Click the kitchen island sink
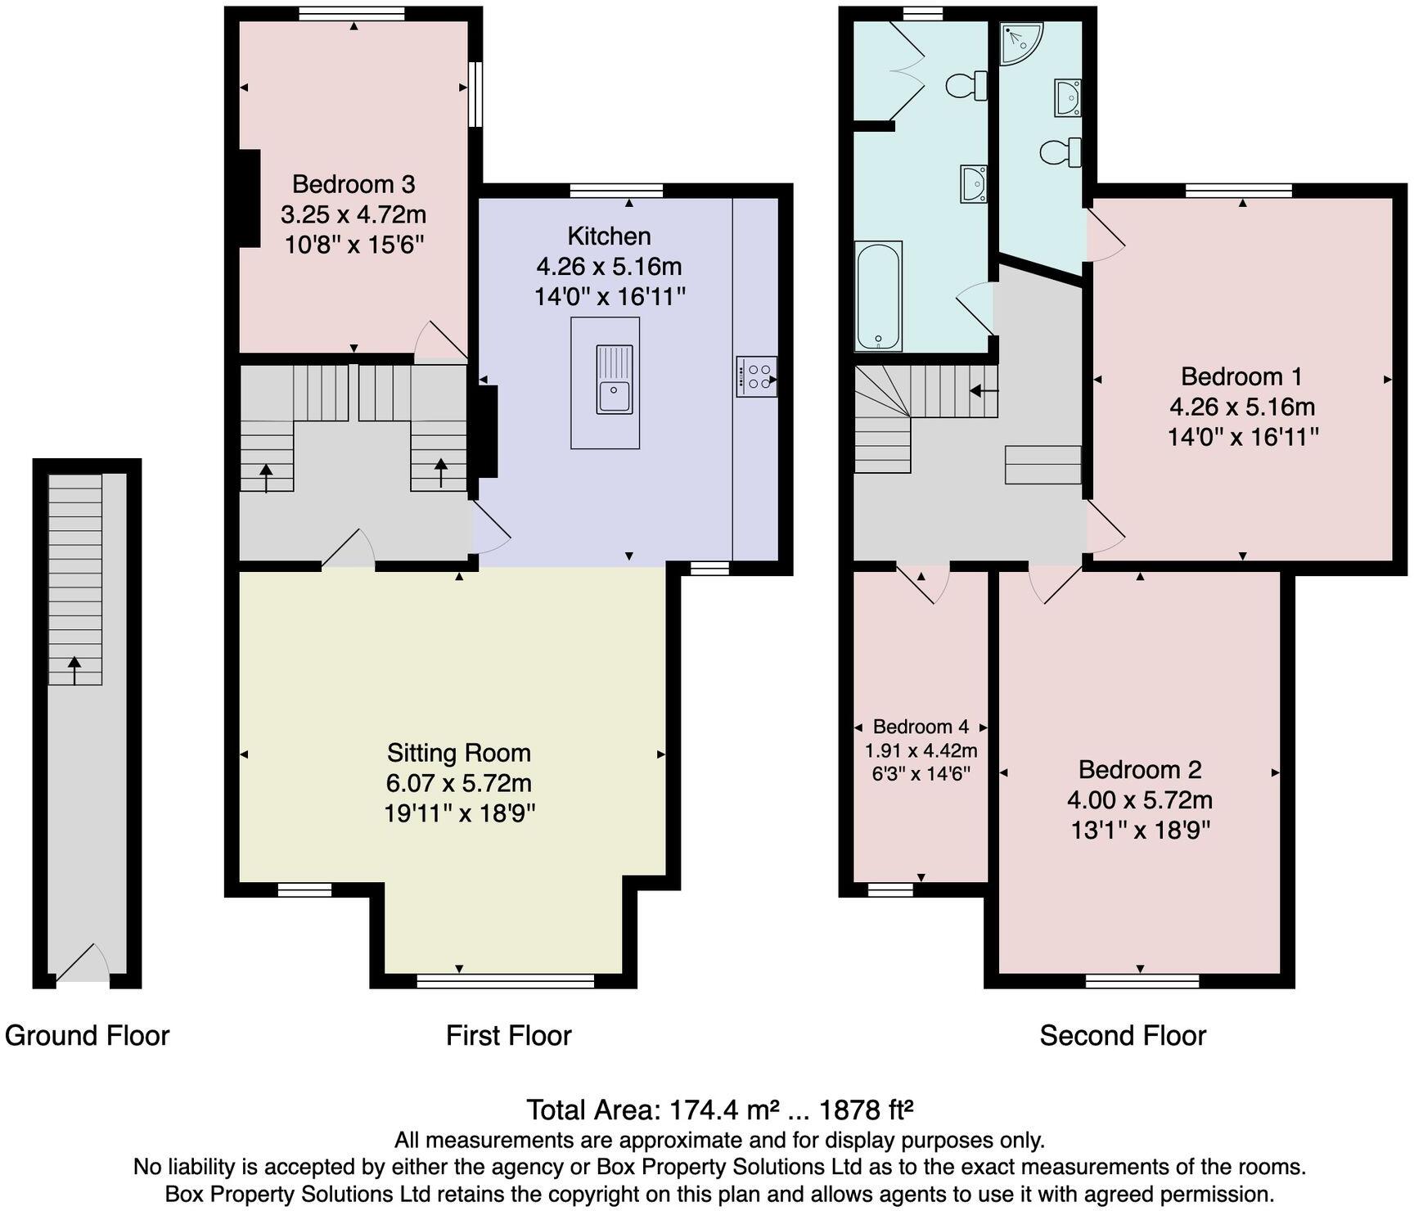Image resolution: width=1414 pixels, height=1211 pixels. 614,380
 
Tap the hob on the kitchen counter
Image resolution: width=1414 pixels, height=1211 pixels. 756,376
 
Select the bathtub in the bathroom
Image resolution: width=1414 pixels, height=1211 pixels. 878,295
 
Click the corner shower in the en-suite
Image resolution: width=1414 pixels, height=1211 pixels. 1022,43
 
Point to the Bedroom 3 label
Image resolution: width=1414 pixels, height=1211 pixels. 353,184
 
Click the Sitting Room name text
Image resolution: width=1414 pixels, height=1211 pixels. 459,753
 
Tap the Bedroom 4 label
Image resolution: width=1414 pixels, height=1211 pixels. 921,727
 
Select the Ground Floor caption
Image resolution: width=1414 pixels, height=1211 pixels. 87,1036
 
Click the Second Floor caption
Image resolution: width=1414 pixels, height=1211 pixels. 1123,1036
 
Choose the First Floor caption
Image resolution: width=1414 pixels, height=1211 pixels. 508,1036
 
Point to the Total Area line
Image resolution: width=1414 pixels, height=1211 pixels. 719,1110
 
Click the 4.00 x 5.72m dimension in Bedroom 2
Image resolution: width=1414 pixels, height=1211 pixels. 1140,799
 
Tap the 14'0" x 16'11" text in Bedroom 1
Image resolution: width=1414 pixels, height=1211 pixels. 1243,437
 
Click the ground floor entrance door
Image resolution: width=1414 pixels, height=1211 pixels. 82,963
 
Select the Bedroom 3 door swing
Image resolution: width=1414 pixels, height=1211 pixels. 441,342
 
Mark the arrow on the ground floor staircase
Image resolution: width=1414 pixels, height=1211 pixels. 74,670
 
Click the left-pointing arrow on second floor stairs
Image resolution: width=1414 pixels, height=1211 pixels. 984,390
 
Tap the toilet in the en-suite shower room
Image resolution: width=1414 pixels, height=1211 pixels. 1060,151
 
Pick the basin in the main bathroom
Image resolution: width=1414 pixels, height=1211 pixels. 975,183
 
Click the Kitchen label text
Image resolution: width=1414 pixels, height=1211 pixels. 610,236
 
